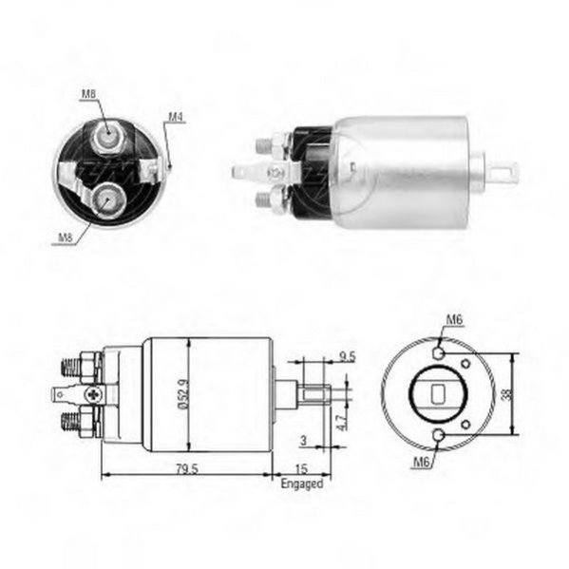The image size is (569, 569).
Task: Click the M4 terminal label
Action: click(176, 117)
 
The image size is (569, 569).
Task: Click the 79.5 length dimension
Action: click(187, 469)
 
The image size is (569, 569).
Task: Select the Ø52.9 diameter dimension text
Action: click(183, 394)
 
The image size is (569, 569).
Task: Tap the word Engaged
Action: click(301, 484)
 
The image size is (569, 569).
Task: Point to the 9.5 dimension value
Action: click(348, 357)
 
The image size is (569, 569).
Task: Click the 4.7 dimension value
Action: click(342, 421)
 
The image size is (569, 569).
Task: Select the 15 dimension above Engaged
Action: click(301, 469)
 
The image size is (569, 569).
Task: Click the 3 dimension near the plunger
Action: click(303, 441)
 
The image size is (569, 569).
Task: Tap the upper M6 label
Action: click(454, 320)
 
